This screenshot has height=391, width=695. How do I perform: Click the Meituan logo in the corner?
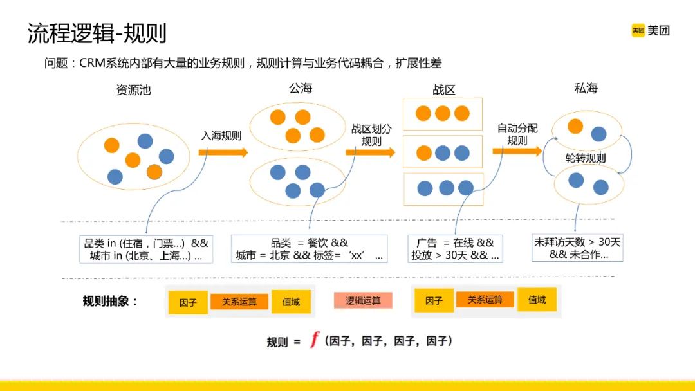[x=650, y=30]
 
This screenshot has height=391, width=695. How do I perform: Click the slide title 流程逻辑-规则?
[x=97, y=33]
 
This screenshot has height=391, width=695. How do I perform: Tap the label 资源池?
[x=133, y=90]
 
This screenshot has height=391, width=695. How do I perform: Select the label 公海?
[x=301, y=88]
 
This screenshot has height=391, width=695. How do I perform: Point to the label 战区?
[x=443, y=90]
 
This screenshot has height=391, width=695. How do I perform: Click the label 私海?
[x=586, y=88]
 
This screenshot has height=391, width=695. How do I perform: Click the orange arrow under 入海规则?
[x=223, y=152]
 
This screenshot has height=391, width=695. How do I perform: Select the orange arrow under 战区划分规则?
[x=369, y=152]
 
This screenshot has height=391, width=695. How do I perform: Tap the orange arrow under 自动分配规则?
[x=517, y=151]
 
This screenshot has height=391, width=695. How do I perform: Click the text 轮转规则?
[x=585, y=158]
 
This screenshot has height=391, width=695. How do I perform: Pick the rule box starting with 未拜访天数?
[x=577, y=248]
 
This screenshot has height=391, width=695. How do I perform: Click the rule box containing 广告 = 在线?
[x=455, y=249]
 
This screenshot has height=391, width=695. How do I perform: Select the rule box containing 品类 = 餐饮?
[x=309, y=249]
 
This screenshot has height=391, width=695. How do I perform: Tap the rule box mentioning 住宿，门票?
[x=147, y=249]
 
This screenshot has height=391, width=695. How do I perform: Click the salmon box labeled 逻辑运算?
[x=363, y=300]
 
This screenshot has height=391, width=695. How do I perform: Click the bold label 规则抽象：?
[x=110, y=301]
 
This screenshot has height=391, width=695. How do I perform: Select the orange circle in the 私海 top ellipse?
[x=575, y=125]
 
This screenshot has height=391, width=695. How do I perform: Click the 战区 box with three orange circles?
[x=442, y=114]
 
